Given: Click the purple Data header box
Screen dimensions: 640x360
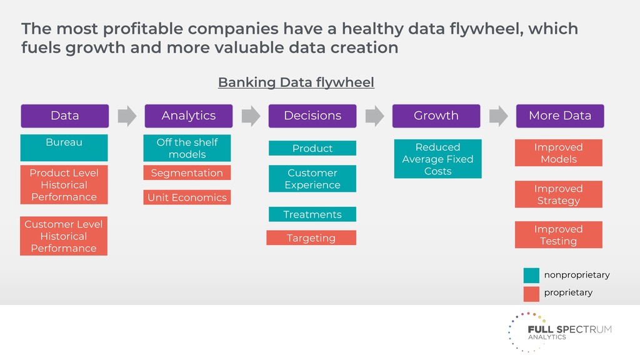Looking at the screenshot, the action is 64,116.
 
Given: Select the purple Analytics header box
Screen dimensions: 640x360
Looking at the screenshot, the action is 188,116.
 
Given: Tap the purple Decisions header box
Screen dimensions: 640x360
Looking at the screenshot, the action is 312,116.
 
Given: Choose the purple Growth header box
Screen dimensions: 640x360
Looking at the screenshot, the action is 436,116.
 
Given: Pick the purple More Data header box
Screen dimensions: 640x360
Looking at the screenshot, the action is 559,116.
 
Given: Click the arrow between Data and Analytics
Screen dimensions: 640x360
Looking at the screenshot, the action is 127,116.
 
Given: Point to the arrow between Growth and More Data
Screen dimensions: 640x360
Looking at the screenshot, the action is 498,116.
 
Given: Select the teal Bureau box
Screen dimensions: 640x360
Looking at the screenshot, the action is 64,147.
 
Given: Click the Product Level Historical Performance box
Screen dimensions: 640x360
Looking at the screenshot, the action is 64,184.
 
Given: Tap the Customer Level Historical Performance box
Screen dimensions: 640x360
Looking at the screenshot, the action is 64,236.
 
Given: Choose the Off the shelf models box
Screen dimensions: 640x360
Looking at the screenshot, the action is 187,148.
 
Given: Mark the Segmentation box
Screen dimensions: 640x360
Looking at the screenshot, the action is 187,173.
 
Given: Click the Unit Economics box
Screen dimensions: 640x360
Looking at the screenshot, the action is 187,197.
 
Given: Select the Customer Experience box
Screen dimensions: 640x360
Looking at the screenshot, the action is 312,179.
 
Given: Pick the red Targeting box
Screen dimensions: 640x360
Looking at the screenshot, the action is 311,238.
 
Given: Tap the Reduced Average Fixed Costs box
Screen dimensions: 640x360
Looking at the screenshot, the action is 437,159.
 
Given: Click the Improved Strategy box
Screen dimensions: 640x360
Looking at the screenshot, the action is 558,194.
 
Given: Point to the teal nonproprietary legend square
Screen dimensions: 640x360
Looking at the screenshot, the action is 531,275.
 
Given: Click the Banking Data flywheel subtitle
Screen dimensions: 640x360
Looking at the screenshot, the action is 296,82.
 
